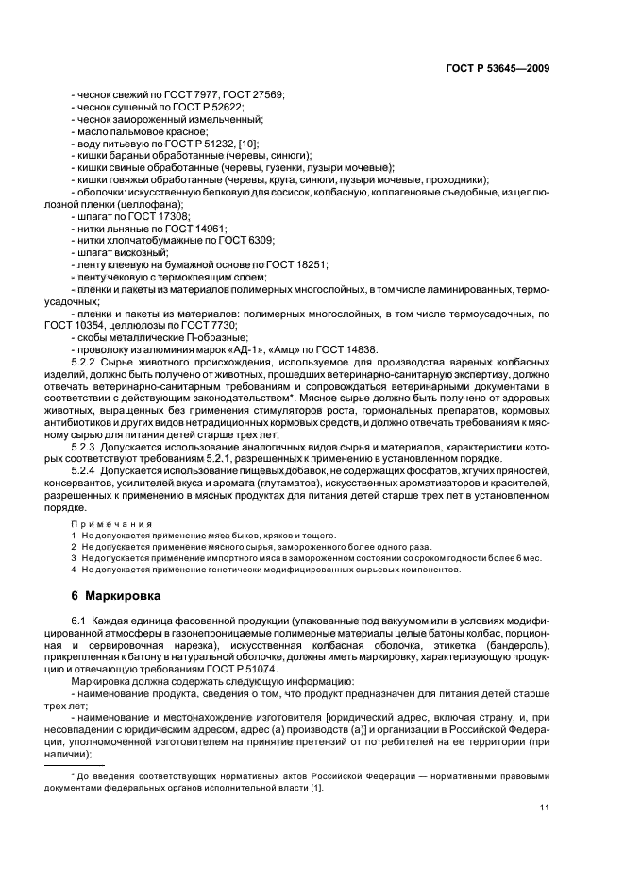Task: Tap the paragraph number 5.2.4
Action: tap(86, 469)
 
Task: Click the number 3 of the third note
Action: tap(74, 558)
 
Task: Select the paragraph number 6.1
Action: tap(80, 619)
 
